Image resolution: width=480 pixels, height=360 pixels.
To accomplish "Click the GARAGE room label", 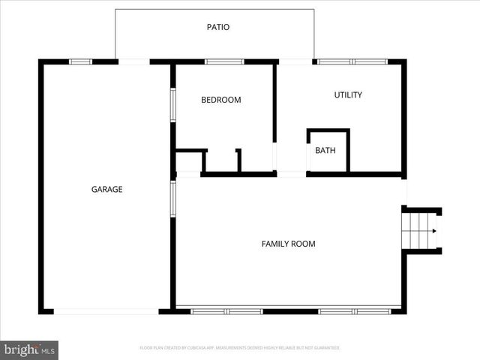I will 106,190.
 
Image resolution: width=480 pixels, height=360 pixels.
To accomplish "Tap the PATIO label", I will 218,28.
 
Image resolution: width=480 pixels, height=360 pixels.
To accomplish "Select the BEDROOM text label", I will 221,100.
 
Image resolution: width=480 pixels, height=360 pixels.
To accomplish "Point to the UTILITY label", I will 348,95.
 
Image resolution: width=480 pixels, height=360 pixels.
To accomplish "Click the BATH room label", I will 325,151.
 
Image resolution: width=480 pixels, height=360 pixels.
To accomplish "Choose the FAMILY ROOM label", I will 288,244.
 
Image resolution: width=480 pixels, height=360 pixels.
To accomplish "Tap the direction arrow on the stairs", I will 433,231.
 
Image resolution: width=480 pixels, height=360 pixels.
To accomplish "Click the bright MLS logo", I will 30,349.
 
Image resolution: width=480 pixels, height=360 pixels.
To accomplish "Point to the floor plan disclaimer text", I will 240,348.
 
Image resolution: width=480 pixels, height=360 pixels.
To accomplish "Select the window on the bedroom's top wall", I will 224,61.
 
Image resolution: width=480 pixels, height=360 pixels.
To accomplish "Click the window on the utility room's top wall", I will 352,61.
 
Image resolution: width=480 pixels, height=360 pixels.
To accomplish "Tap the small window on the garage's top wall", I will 80,61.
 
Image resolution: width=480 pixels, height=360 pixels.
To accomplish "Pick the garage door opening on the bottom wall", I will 106,310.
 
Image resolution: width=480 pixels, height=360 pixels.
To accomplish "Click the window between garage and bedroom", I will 173,105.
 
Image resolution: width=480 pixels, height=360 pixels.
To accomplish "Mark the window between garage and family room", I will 173,199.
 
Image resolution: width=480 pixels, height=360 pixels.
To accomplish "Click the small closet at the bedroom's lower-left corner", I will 189,162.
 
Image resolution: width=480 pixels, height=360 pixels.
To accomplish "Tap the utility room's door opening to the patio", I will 295,61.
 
